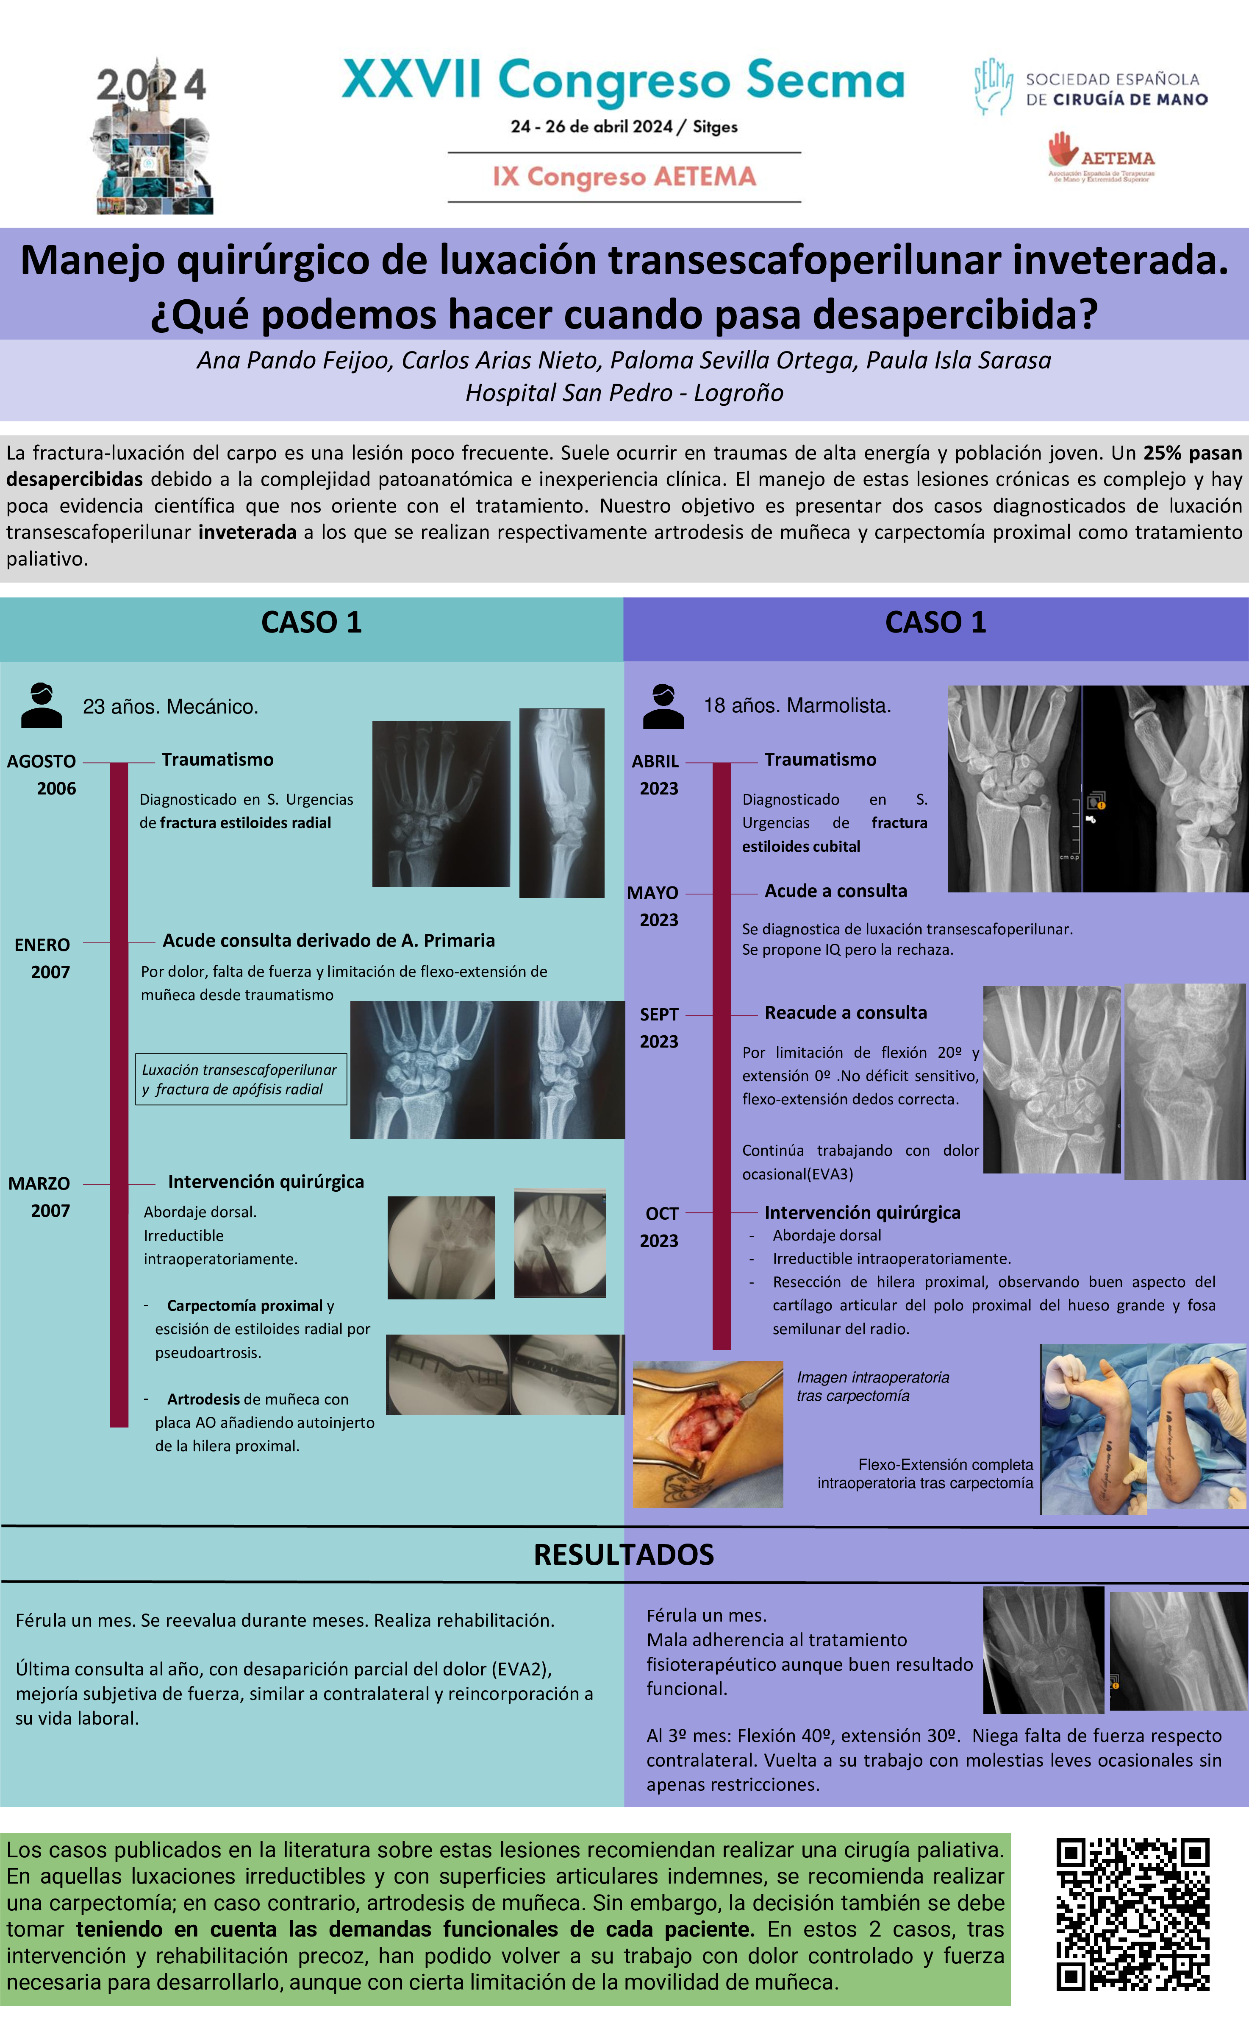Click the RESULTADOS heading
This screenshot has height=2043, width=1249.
[x=623, y=1555]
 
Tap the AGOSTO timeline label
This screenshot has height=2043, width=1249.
[x=42, y=761]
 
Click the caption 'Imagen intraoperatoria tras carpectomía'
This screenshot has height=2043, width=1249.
[x=873, y=1386]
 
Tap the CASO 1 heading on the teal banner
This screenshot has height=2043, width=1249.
[x=312, y=623]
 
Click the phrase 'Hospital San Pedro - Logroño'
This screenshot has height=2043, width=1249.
[x=624, y=393]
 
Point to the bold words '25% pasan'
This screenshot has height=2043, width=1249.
[x=1192, y=453]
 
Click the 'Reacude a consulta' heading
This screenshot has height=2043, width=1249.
[x=845, y=1012]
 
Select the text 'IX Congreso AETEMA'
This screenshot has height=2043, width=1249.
[x=624, y=177]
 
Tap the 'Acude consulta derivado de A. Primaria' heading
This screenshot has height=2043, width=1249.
[x=328, y=940]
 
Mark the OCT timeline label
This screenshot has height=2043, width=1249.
[x=662, y=1214]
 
